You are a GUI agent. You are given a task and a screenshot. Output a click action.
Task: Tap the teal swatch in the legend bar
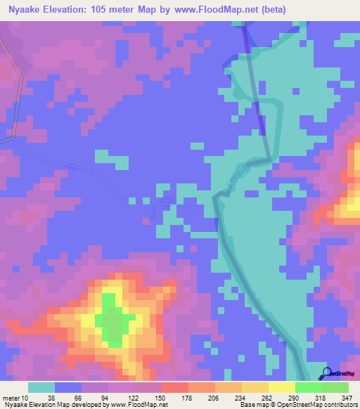tap(41, 387)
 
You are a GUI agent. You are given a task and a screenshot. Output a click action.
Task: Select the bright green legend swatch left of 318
tap(308, 387)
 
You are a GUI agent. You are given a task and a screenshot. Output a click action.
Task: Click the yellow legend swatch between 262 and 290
tap(281, 387)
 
